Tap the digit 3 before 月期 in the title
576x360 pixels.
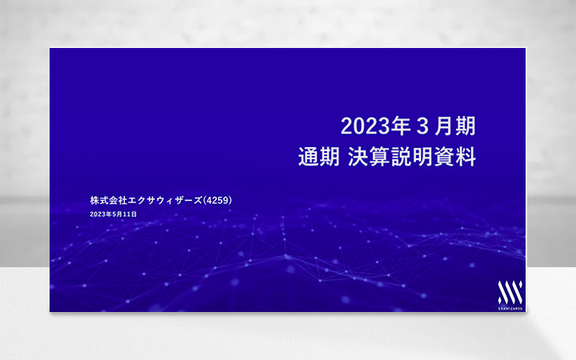coord(418,126)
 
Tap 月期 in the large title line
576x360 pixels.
coord(455,126)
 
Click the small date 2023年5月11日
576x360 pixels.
coord(114,214)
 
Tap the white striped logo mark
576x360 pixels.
coord(510,291)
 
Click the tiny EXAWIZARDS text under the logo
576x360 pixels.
coord(510,306)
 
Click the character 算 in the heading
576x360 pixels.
coord(384,157)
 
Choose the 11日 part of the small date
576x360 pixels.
coord(130,214)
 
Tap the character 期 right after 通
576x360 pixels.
coord(330,157)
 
